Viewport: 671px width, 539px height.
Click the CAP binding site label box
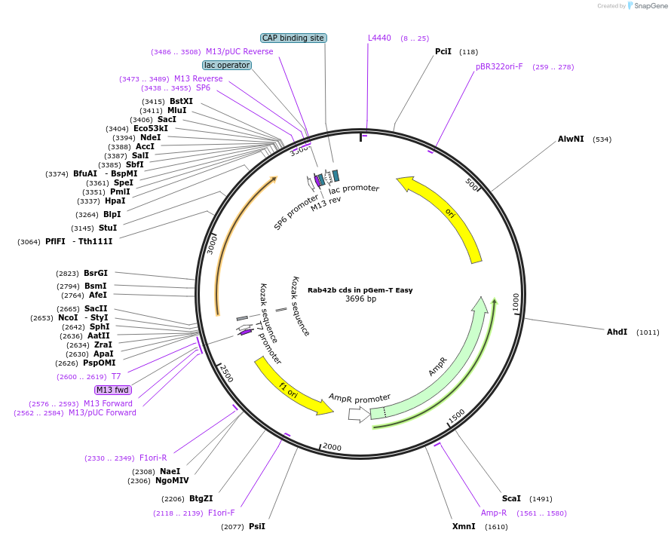(x=293, y=38)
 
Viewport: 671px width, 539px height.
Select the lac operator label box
(x=227, y=65)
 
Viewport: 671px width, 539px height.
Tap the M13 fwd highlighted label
(x=112, y=390)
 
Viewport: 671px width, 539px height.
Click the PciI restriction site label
(x=443, y=51)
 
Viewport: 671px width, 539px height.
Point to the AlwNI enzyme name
(x=571, y=139)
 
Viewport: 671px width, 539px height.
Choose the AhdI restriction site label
(x=617, y=332)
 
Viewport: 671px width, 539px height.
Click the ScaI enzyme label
(x=511, y=498)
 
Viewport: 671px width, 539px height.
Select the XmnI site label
(x=464, y=526)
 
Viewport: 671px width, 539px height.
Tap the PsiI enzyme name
(x=257, y=526)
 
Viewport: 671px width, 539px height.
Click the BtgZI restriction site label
(x=201, y=498)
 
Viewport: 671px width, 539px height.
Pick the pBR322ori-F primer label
(x=499, y=66)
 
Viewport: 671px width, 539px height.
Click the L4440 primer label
(x=379, y=38)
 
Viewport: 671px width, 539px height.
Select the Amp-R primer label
(x=494, y=513)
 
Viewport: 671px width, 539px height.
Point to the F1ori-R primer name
(x=153, y=458)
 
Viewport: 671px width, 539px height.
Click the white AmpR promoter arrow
(x=358, y=414)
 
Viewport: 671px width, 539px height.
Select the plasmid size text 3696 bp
(x=360, y=299)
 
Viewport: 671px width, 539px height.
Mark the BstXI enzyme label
(x=181, y=101)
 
